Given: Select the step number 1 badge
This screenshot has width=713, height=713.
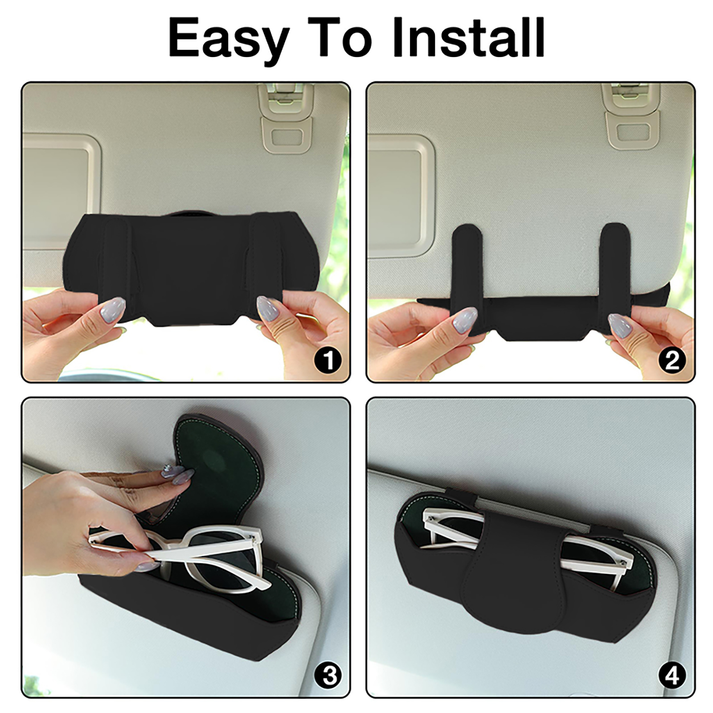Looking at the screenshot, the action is (x=328, y=360).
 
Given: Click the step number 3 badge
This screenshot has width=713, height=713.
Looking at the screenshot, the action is (x=328, y=676).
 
